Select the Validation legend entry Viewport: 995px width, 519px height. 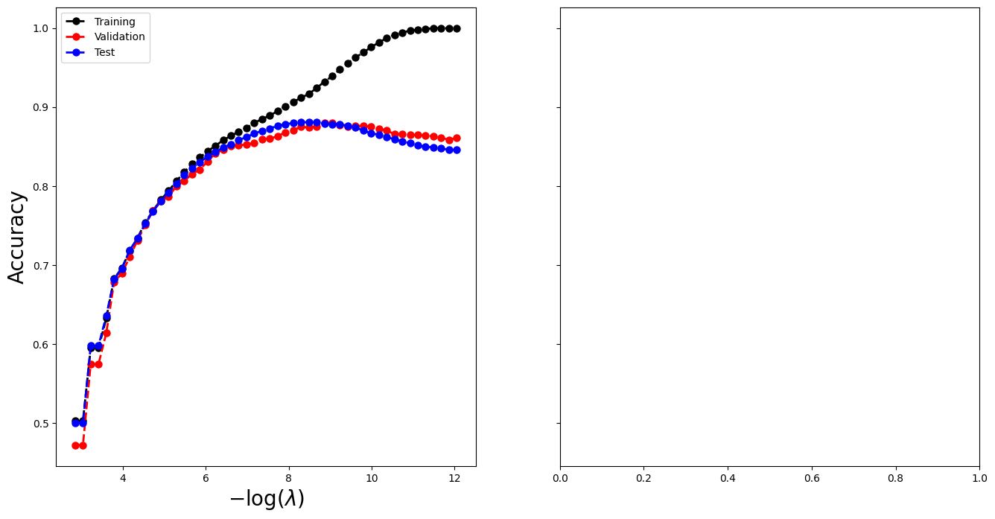tap(119, 37)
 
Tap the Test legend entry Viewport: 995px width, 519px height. tap(104, 52)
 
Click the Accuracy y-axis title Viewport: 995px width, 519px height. tap(17, 237)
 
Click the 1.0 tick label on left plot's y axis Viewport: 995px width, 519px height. tap(40, 28)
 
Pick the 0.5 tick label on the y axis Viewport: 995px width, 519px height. tap(40, 424)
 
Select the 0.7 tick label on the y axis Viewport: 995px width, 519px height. tap(40, 266)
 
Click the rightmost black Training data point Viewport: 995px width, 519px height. tap(457, 28)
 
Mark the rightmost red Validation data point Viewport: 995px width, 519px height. tap(457, 138)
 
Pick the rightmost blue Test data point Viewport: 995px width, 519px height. tap(457, 150)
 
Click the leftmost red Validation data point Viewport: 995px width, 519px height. tap(75, 445)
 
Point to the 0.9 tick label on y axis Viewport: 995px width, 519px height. tap(40, 107)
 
